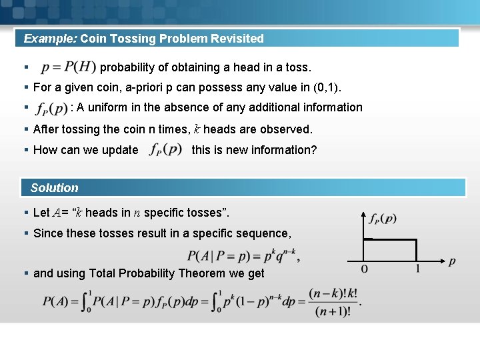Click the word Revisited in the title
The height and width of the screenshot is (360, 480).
point(237,39)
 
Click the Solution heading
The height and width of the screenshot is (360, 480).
point(55,188)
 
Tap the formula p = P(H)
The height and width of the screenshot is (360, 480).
point(68,67)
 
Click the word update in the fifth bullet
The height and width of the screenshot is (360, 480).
point(121,150)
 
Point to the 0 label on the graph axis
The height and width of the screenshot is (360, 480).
point(364,269)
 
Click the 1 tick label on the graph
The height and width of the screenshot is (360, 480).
point(417,269)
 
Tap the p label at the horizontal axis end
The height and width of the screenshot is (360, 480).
point(452,262)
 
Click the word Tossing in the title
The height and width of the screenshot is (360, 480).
point(136,39)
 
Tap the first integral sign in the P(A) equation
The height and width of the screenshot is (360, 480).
point(87,302)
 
